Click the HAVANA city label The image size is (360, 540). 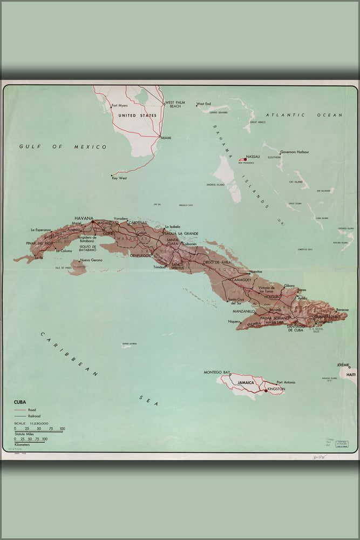(x=84, y=218)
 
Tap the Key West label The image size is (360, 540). (x=119, y=178)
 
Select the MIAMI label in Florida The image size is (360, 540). (x=166, y=138)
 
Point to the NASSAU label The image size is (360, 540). (x=253, y=157)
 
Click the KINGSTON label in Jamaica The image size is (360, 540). (x=276, y=389)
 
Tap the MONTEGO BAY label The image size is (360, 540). (x=217, y=372)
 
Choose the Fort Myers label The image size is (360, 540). (x=119, y=105)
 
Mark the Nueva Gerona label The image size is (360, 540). (x=91, y=260)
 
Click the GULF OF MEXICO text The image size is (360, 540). (x=63, y=146)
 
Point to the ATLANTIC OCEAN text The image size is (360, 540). (x=304, y=115)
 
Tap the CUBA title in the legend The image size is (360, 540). (x=21, y=402)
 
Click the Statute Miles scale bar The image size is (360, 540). (x=39, y=432)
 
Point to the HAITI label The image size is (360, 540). (x=351, y=374)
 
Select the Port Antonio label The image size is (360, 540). (x=286, y=382)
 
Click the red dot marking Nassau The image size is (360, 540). (x=245, y=159)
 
